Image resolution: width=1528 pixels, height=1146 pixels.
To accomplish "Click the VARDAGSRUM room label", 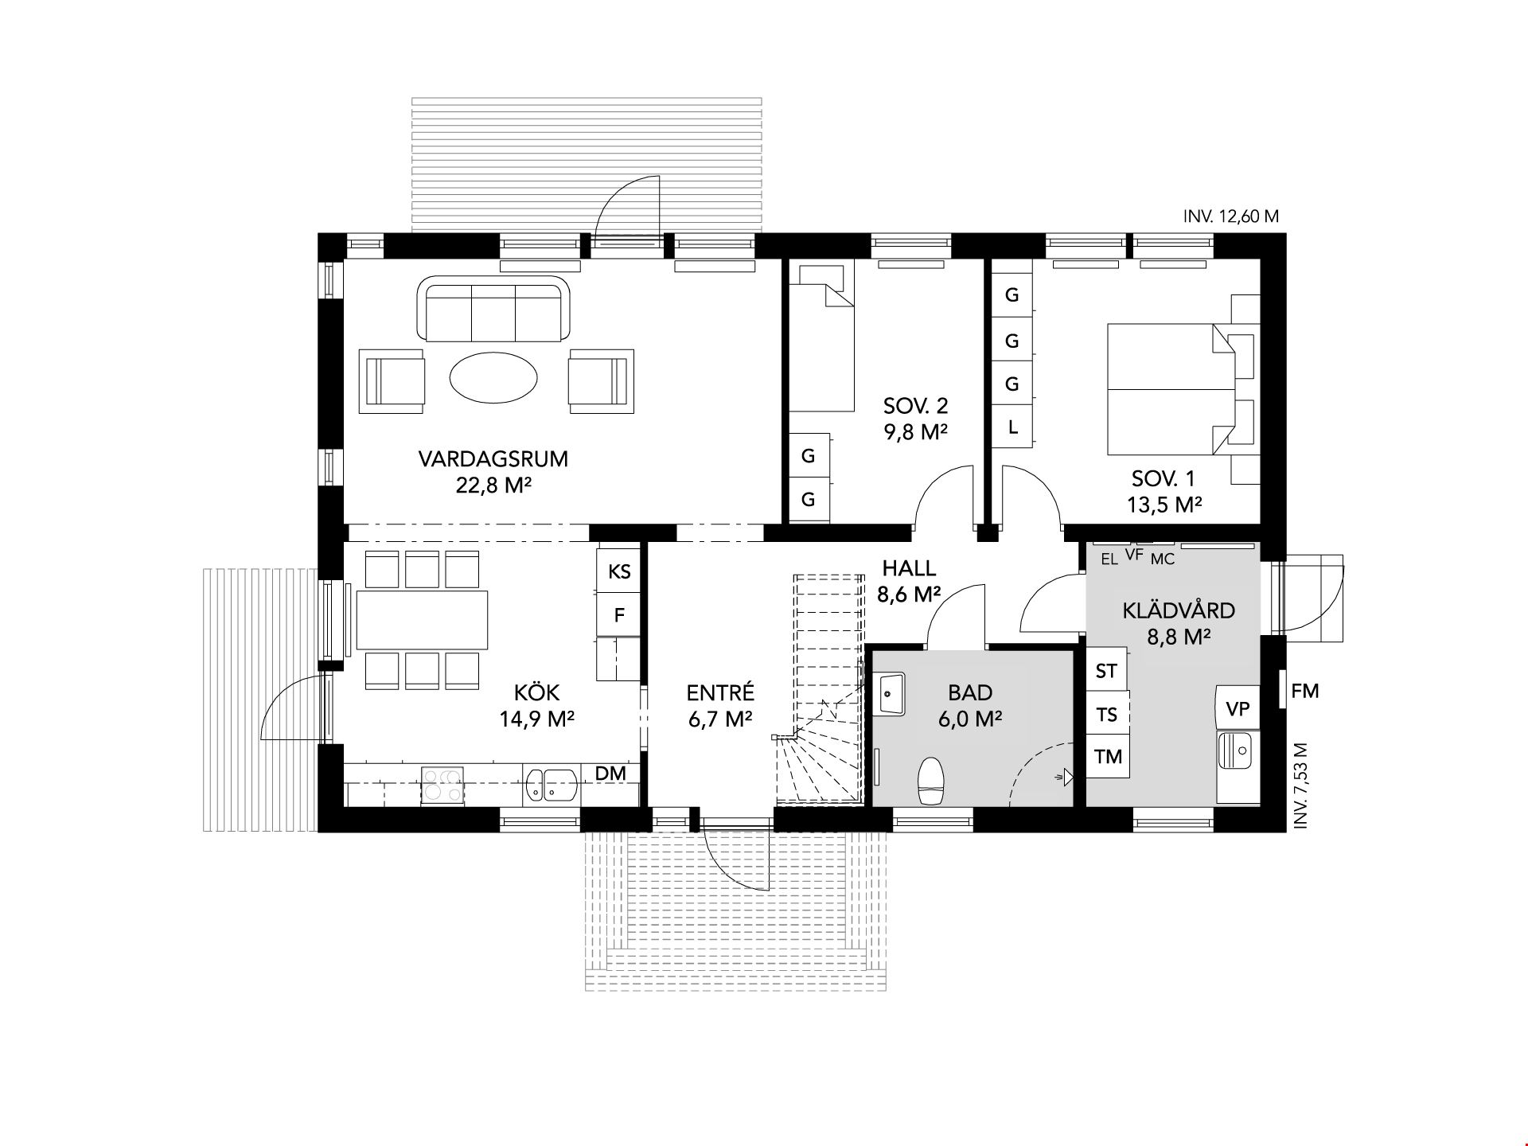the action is click(x=493, y=459).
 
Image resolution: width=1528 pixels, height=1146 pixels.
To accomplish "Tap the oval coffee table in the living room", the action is click(x=493, y=376).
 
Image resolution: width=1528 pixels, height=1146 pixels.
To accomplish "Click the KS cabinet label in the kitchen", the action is click(x=619, y=571).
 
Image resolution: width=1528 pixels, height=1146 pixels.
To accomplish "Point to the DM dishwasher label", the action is click(x=610, y=773).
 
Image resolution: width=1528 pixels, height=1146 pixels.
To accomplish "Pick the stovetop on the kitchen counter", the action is click(x=442, y=784).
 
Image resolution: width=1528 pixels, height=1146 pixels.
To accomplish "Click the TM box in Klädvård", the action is click(x=1108, y=756).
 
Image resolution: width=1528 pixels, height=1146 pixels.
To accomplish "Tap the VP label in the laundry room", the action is click(x=1238, y=708).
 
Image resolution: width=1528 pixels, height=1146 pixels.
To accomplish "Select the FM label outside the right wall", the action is click(x=1305, y=691).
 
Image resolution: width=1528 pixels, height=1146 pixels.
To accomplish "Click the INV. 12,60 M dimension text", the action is click(x=1231, y=216).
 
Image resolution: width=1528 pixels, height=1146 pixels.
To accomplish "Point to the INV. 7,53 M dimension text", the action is click(x=1301, y=786).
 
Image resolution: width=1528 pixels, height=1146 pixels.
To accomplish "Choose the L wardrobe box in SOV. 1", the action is click(x=1012, y=427).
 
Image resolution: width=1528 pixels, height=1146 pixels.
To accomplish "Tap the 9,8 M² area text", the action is click(x=915, y=432).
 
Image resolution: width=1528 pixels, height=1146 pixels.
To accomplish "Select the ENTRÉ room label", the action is click(x=720, y=693).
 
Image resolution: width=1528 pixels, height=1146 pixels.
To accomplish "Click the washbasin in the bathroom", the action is click(x=891, y=694).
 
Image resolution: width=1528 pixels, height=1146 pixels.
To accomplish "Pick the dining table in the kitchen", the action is click(x=422, y=620).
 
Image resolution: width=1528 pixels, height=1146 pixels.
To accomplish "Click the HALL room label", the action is click(x=910, y=568).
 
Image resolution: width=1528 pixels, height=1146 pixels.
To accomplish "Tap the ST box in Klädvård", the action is click(x=1107, y=670).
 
